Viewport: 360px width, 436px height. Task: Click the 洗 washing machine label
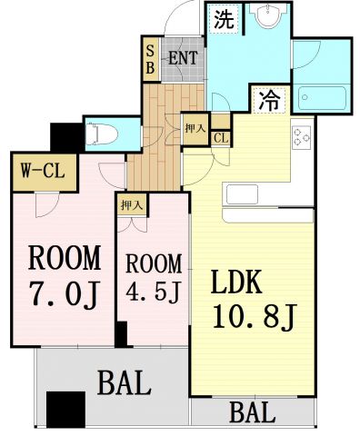pyautogui.click(x=223, y=20)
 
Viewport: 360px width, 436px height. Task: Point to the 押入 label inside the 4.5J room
pyautogui.click(x=132, y=205)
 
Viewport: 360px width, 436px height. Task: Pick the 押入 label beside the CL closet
pyautogui.click(x=195, y=127)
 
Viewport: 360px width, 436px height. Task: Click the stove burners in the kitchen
pyautogui.click(x=302, y=136)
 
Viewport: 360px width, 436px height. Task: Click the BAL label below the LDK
pyautogui.click(x=251, y=414)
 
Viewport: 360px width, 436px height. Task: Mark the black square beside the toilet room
pyautogui.click(x=65, y=136)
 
